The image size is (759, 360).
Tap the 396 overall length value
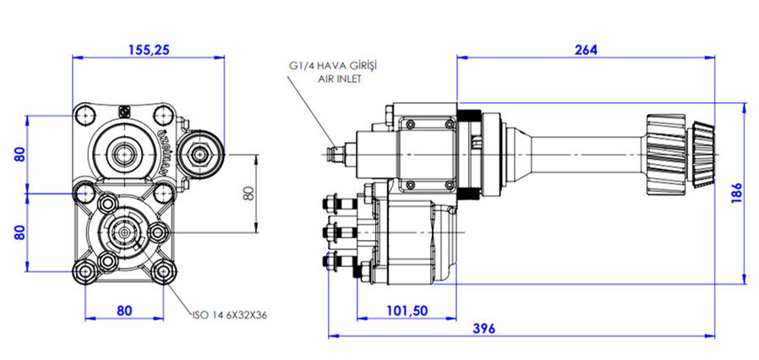coord(483,328)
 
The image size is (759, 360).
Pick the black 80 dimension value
coord(248,193)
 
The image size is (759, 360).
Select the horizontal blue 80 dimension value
coord(125,310)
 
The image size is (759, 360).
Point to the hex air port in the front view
coord(201,153)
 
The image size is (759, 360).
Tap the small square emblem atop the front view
coord(124,110)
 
